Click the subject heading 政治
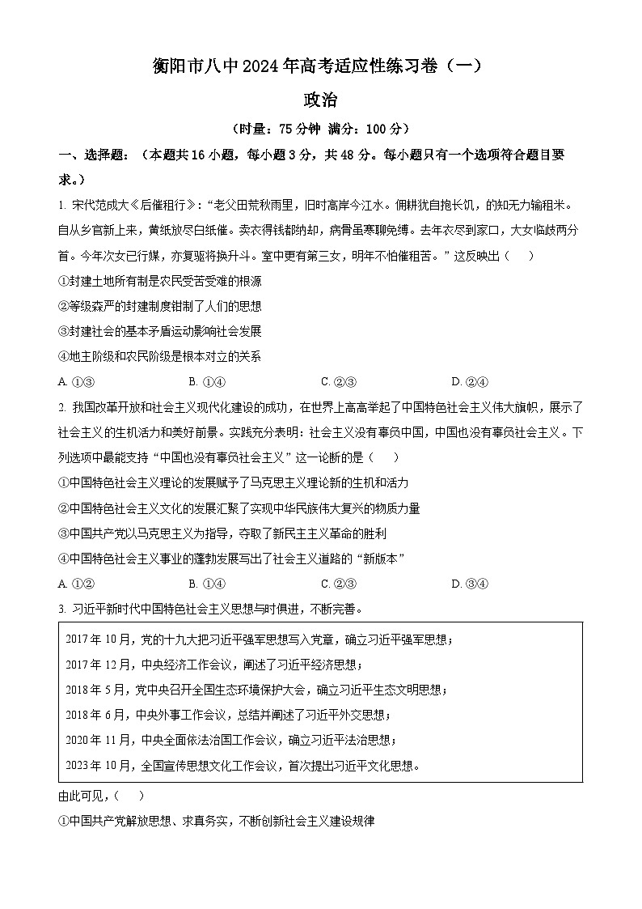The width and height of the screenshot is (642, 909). pyautogui.click(x=320, y=100)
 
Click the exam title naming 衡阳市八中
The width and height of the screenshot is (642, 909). pyautogui.click(x=320, y=66)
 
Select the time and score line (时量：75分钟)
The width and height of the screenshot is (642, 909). pyautogui.click(x=320, y=129)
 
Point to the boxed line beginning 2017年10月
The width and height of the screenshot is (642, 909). pyautogui.click(x=260, y=639)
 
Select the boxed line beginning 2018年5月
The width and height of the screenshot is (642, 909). pyautogui.click(x=256, y=690)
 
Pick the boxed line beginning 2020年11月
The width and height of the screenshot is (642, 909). pyautogui.click(x=231, y=740)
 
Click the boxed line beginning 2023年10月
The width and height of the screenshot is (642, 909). pyautogui.click(x=243, y=765)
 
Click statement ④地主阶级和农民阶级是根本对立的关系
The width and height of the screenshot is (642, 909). pyautogui.click(x=160, y=356)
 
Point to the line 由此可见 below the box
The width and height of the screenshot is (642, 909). pyautogui.click(x=102, y=796)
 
